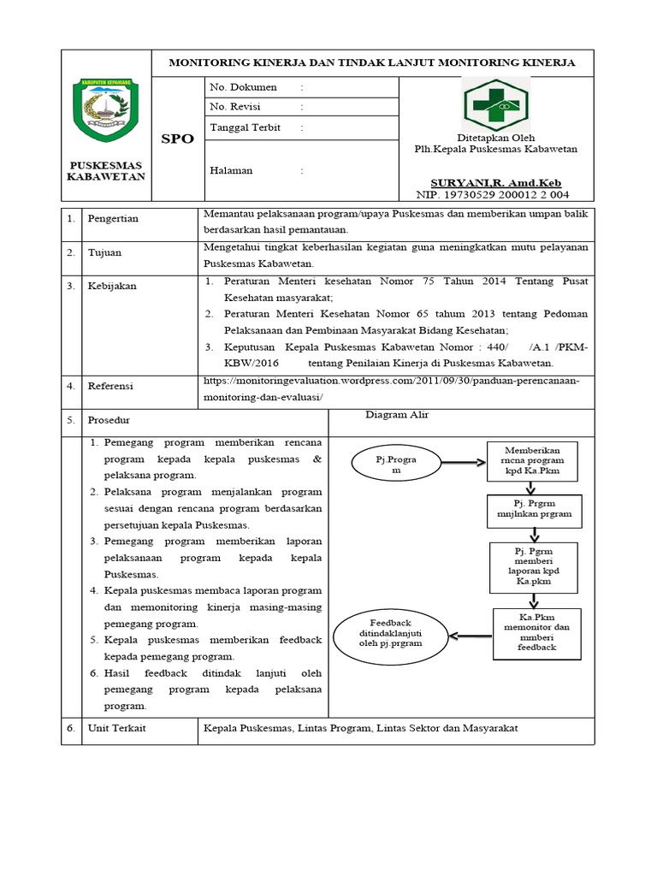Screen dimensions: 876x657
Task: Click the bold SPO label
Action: click(177, 139)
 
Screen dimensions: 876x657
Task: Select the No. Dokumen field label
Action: click(243, 87)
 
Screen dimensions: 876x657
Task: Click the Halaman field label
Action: click(231, 170)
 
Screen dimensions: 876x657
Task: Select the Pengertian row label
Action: click(113, 219)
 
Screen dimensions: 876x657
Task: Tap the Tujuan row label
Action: click(104, 253)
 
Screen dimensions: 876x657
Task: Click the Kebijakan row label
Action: click(111, 286)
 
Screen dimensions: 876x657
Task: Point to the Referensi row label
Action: click(110, 387)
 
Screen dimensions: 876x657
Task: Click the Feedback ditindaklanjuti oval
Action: click(390, 634)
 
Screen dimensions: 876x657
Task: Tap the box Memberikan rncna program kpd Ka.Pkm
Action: click(532, 460)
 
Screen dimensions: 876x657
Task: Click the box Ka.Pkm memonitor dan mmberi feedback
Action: click(536, 632)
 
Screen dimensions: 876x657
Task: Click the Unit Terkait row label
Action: click(116, 729)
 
